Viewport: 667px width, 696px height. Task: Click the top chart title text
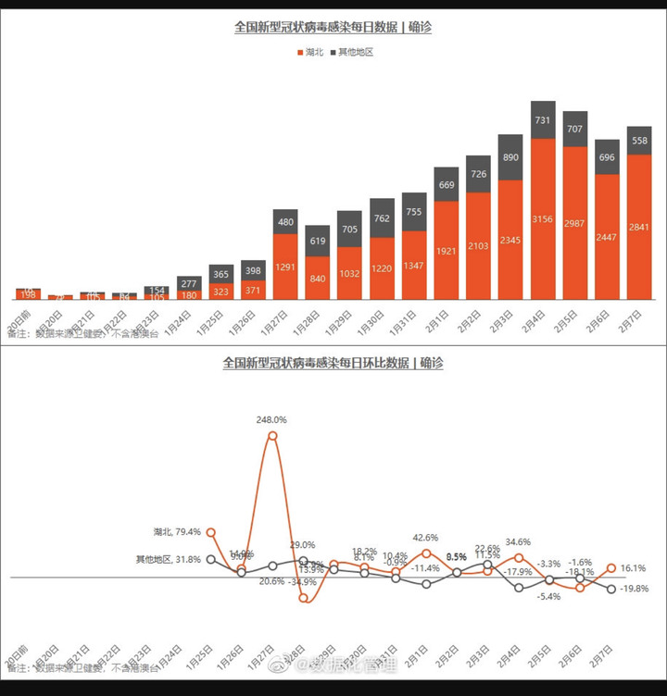[x=333, y=28]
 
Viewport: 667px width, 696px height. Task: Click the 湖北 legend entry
[x=308, y=53]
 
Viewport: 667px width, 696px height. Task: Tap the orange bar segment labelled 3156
[x=543, y=219]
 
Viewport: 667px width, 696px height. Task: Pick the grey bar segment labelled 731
[x=543, y=120]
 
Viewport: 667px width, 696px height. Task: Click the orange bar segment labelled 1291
[x=285, y=267]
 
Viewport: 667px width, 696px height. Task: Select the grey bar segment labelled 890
[x=510, y=157]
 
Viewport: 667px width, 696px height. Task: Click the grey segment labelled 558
[x=639, y=141]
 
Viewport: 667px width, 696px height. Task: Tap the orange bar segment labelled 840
[x=318, y=278]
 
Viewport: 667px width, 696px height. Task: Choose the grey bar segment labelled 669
[x=447, y=185]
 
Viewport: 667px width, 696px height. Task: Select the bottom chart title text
[x=333, y=364]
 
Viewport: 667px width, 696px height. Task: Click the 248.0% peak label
[x=271, y=419]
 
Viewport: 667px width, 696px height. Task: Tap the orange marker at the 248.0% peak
[x=271, y=435]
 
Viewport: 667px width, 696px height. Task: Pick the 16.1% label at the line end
[x=635, y=568]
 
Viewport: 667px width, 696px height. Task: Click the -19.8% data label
[x=635, y=588]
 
